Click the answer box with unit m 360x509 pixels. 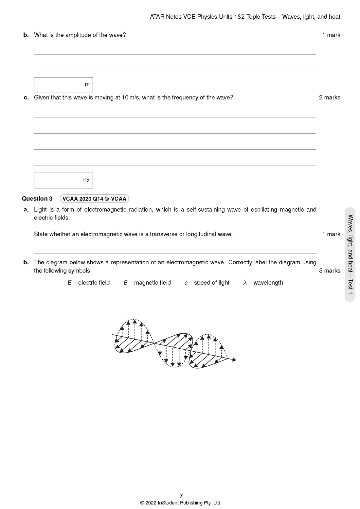pyautogui.click(x=63, y=85)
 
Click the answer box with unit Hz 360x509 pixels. pyautogui.click(x=63, y=180)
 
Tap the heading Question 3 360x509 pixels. pyautogui.click(x=37, y=199)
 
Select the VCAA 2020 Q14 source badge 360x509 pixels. pyautogui.click(x=94, y=199)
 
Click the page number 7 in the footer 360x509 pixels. pyautogui.click(x=181, y=496)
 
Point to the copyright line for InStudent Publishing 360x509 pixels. pyautogui.click(x=181, y=503)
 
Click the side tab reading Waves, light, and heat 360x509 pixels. pyautogui.click(x=350, y=254)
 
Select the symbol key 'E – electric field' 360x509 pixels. pyautogui.click(x=89, y=283)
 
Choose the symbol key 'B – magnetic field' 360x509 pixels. pyautogui.click(x=147, y=283)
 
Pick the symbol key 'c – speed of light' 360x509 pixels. pyautogui.click(x=207, y=283)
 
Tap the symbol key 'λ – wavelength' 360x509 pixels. pyautogui.click(x=263, y=283)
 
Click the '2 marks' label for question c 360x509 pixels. pyautogui.click(x=330, y=97)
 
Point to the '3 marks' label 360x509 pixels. pyautogui.click(x=330, y=271)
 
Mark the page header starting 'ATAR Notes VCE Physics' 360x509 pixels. pyautogui.click(x=245, y=17)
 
